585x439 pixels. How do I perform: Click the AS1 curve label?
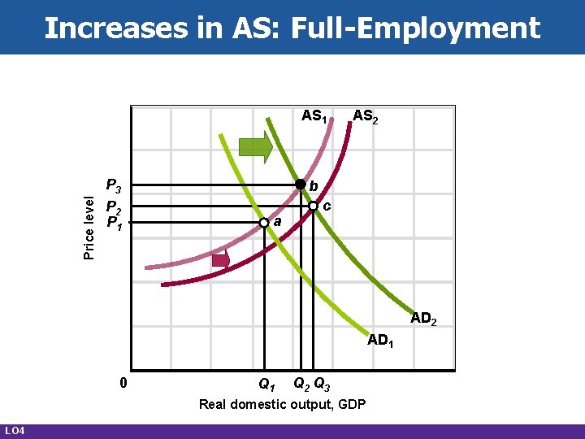(314, 116)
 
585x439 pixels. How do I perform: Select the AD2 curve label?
(423, 319)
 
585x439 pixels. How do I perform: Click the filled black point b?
(300, 185)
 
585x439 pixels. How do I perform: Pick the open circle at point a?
(263, 222)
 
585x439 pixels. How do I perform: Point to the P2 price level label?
(114, 206)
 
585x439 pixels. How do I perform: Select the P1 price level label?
(114, 220)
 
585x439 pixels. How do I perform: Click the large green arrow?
(256, 148)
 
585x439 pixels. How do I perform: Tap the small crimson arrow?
(220, 260)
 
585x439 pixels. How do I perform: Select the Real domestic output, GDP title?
(282, 404)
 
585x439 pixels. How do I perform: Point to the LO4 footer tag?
(15, 429)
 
